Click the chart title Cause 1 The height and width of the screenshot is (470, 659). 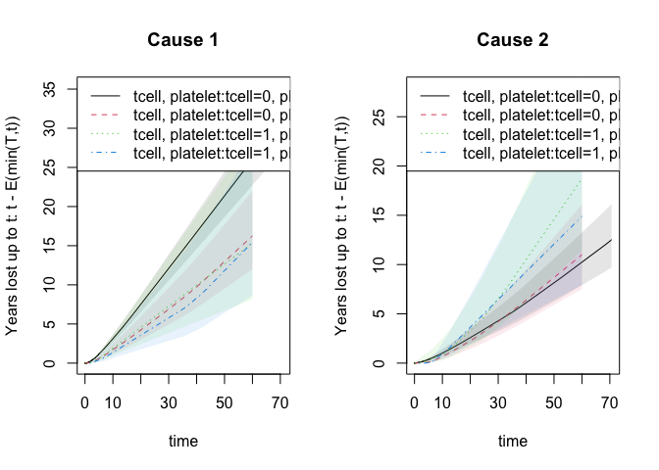point(182,40)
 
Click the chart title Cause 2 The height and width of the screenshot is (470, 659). point(512,40)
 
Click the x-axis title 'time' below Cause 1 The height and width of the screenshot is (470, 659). point(182,442)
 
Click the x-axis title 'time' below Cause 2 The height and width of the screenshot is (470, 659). point(512,442)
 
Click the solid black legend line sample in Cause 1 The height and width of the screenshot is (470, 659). point(105,96)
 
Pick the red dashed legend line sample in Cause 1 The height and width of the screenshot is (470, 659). point(105,116)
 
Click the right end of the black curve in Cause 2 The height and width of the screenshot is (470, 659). point(611,240)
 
